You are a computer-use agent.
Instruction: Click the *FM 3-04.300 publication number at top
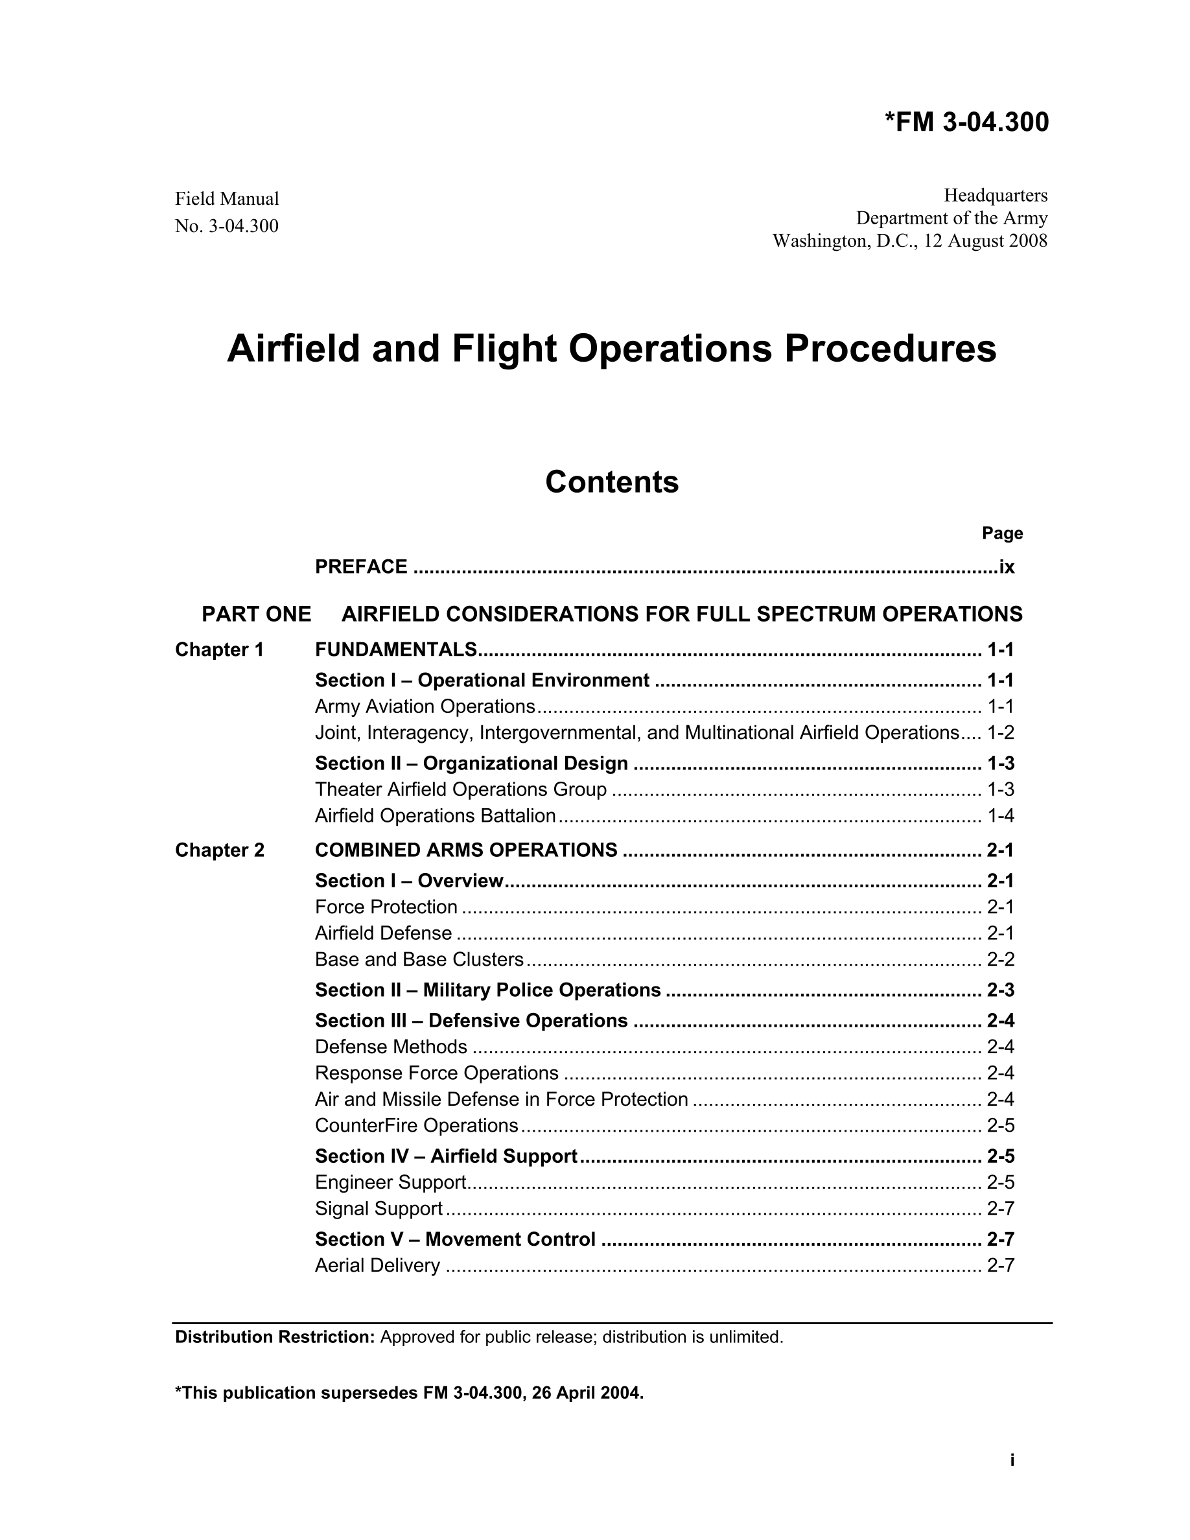966,122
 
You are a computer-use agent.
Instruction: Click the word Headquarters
996,194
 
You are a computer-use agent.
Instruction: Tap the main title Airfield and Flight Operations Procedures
611,348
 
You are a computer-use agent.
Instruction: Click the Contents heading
611,482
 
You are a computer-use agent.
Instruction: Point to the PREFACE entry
361,567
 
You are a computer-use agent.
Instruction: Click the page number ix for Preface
1006,567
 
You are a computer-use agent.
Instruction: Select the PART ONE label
256,614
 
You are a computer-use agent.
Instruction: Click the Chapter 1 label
219,649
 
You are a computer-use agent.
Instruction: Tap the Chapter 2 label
219,850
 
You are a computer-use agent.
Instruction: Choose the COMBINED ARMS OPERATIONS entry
466,850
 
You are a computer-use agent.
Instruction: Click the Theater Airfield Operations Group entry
460,789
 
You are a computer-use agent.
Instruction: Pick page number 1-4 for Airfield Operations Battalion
1000,816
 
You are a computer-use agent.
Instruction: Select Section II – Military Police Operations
488,990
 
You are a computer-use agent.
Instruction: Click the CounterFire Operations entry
416,1125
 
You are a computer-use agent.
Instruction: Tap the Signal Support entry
379,1209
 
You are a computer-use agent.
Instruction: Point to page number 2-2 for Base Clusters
1000,960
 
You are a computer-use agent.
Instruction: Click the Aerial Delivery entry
377,1265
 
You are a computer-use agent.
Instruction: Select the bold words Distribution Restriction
275,1337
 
